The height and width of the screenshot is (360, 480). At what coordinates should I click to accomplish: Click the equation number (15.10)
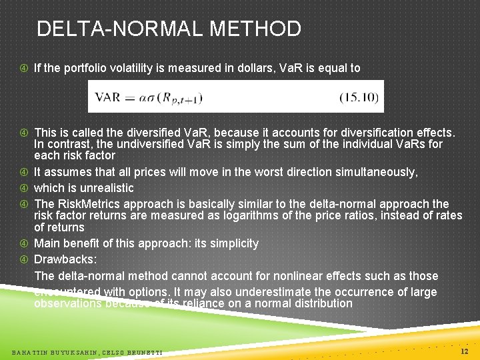coord(359,97)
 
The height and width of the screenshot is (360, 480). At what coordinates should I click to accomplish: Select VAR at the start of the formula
coord(108,97)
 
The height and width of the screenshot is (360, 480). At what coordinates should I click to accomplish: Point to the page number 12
coord(465,351)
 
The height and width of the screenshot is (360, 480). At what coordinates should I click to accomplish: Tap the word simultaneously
coord(363,172)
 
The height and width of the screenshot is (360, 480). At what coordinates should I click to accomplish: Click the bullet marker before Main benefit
coord(23,244)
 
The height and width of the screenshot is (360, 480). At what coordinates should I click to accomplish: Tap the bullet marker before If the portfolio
coord(23,68)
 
